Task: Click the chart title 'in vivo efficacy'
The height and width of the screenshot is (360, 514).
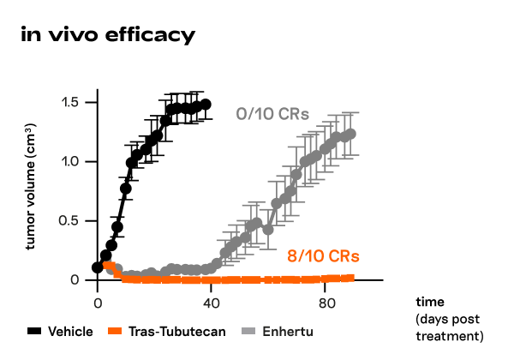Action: click(x=107, y=35)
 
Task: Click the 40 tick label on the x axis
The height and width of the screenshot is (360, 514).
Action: click(x=212, y=303)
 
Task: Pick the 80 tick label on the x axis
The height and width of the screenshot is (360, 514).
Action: click(x=326, y=303)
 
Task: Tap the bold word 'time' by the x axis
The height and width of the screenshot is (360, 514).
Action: click(x=430, y=303)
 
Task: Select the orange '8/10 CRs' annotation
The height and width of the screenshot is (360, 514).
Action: click(x=323, y=256)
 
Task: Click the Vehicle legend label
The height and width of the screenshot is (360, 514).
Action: click(x=70, y=332)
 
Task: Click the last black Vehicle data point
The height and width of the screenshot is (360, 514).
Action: click(x=205, y=105)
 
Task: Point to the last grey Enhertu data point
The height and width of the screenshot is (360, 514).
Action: click(x=350, y=134)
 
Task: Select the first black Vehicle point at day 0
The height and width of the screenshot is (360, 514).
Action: click(x=98, y=267)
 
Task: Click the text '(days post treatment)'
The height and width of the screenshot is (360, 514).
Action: click(x=450, y=327)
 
